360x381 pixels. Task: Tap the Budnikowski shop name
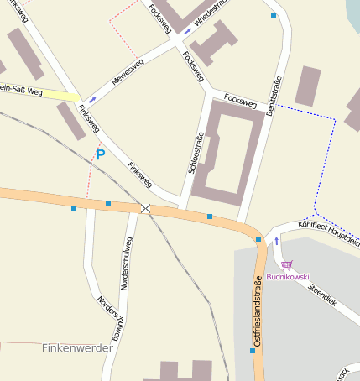click(288, 277)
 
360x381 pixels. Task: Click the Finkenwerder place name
click(75, 347)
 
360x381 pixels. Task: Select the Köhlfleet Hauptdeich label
click(331, 228)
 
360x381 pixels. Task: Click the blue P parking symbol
click(101, 154)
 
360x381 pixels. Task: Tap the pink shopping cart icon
click(287, 265)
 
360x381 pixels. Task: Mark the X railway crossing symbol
click(146, 207)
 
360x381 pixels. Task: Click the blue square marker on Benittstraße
click(274, 15)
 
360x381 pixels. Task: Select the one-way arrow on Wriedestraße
click(187, 31)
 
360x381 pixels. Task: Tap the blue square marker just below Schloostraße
click(209, 217)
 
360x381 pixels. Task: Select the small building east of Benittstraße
click(307, 86)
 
